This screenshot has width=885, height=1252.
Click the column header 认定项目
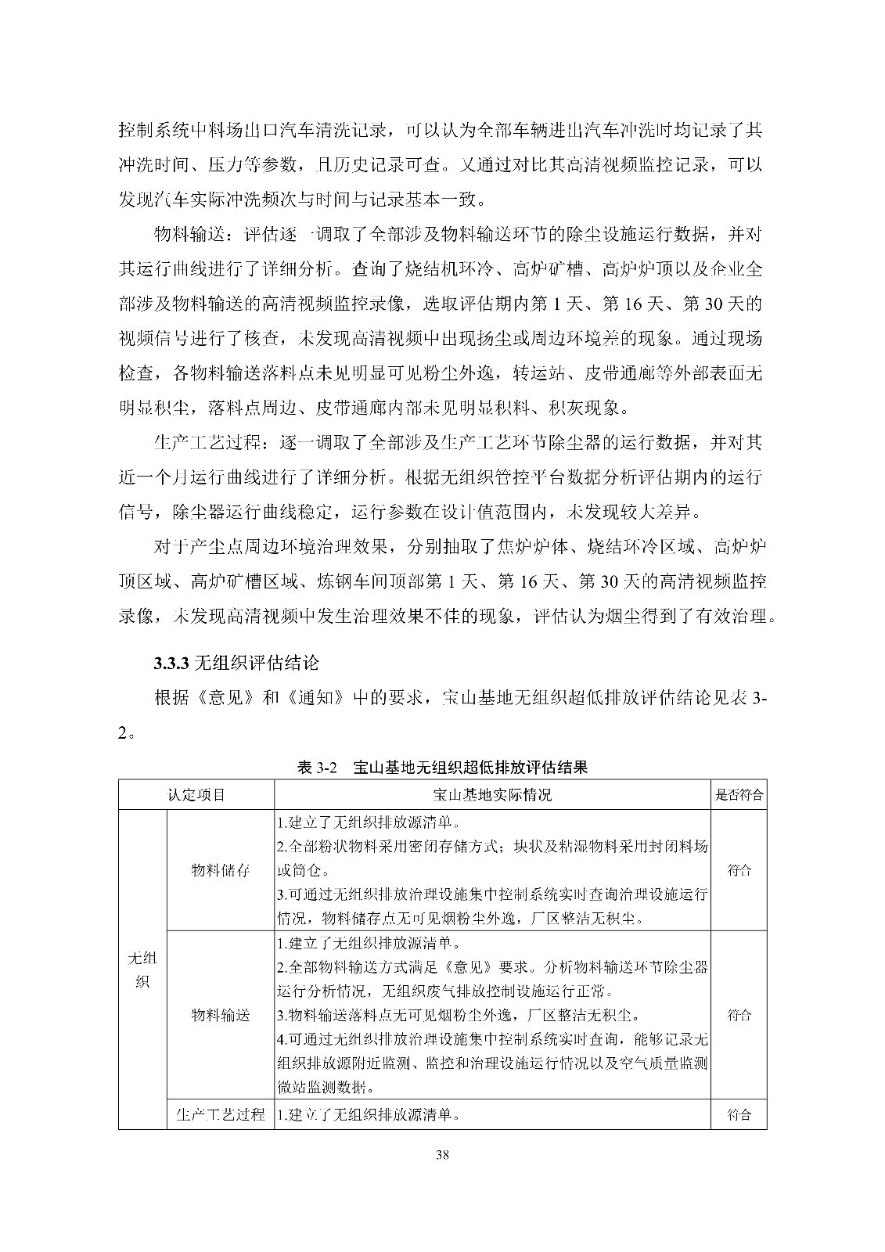pyautogui.click(x=196, y=794)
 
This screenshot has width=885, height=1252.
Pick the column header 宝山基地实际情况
pyautogui.click(x=492, y=794)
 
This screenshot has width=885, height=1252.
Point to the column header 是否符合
pyautogui.click(x=739, y=794)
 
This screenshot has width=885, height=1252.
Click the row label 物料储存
pyautogui.click(x=221, y=870)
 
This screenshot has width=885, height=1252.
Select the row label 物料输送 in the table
pyautogui.click(x=221, y=1016)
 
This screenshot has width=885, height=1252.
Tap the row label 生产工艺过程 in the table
pyautogui.click(x=221, y=1115)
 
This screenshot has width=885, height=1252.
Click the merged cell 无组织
pyautogui.click(x=142, y=970)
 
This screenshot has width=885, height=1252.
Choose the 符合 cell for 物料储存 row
pyautogui.click(x=739, y=870)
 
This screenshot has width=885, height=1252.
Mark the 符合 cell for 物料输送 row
pyautogui.click(x=739, y=1016)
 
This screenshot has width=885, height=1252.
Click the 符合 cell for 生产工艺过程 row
pyautogui.click(x=739, y=1115)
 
